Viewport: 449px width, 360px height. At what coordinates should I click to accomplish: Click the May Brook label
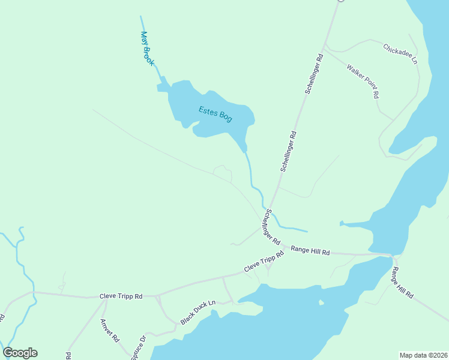coord(147,49)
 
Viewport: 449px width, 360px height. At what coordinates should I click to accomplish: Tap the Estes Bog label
coord(215,113)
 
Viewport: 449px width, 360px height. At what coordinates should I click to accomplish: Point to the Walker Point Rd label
coord(363,81)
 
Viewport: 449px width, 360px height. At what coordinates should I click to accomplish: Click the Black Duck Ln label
coord(198,313)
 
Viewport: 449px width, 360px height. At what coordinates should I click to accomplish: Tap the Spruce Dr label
coord(139,347)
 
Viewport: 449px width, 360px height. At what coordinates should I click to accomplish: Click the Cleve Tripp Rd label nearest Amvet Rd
coord(121,296)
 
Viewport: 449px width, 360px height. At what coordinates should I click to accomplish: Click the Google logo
coord(20,352)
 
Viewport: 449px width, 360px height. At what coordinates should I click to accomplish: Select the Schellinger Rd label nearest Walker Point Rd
coord(314,73)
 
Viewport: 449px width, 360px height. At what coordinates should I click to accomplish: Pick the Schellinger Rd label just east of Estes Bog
coord(289,152)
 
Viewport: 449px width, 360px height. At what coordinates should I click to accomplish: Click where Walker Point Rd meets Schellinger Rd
coord(325,47)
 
